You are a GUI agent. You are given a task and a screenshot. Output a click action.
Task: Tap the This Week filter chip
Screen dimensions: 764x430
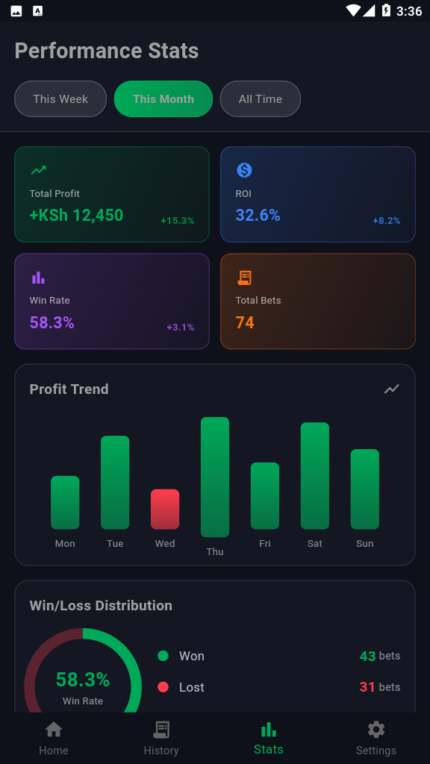(60, 98)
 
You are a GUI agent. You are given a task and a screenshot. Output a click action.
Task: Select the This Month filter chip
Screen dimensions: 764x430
(163, 98)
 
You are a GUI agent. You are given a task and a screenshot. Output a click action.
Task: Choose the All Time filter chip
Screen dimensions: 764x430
(261, 98)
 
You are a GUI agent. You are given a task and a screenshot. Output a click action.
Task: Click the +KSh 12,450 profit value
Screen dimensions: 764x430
(76, 216)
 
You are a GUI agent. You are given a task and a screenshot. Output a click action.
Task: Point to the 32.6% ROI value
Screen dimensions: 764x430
(258, 216)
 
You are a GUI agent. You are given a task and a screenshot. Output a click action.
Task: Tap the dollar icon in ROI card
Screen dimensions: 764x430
(244, 170)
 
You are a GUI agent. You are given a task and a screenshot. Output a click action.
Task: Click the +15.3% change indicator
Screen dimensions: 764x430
(177, 221)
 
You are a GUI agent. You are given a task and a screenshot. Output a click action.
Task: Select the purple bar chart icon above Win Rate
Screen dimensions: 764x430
(38, 278)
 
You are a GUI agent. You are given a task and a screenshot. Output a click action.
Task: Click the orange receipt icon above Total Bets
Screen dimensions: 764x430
(244, 278)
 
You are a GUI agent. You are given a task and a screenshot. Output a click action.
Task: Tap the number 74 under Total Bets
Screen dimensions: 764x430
(245, 322)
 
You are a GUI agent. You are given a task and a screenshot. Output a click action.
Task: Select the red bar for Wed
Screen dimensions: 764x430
(165, 509)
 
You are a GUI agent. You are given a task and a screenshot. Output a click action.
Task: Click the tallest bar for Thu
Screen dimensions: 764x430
(215, 477)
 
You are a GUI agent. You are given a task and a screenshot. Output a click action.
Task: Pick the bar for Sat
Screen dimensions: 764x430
(315, 475)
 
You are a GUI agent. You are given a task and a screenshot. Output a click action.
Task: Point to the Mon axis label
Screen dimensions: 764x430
(65, 544)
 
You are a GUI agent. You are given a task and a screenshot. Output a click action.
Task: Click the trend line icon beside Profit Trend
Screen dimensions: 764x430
(392, 389)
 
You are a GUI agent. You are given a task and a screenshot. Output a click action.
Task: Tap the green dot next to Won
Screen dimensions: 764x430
(163, 656)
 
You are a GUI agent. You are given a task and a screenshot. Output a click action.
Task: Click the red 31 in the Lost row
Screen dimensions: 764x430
(367, 687)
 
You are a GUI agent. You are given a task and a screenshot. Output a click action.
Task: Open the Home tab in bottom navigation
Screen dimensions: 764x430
(54, 737)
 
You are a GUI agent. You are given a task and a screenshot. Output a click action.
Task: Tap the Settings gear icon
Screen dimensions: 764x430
(376, 730)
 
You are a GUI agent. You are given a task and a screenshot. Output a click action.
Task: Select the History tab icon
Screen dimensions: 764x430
(161, 730)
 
